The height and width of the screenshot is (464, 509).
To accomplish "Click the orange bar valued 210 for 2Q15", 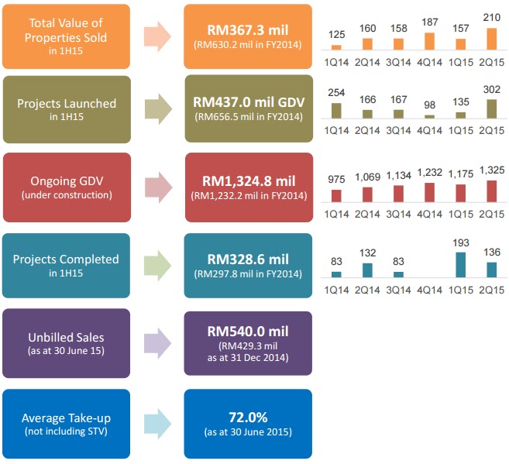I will (492, 39).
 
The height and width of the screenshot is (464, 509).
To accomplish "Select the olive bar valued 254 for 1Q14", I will (336, 110).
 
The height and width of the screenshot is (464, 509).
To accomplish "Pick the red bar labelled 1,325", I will (492, 191).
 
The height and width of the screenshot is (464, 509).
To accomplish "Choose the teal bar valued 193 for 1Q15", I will (461, 264).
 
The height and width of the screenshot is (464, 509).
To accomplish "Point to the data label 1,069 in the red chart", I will (367, 177).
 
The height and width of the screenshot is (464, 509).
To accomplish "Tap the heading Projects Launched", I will (66, 103).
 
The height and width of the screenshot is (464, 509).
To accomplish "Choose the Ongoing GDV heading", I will (66, 180).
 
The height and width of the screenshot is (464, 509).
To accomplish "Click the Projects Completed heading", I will (66, 259).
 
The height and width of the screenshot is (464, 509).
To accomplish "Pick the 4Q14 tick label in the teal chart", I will (430, 289).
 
